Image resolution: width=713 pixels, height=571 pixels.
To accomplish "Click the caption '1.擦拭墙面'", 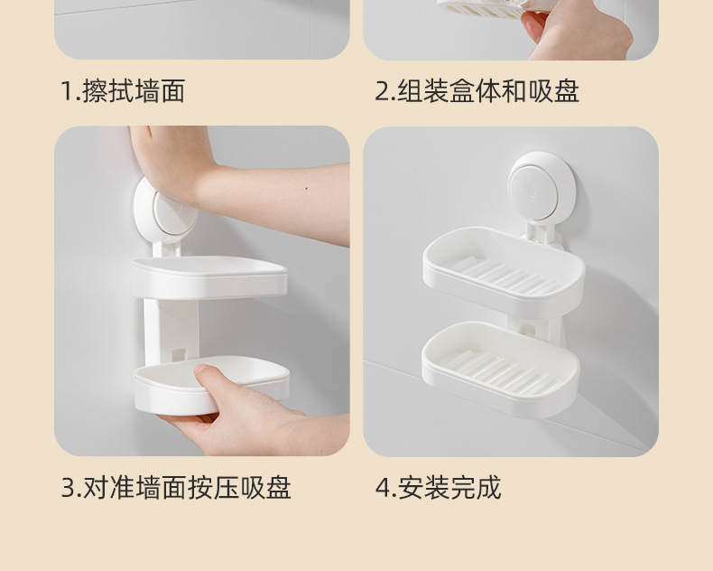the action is click(x=123, y=91).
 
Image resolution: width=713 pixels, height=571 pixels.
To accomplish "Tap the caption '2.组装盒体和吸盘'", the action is click(x=477, y=91).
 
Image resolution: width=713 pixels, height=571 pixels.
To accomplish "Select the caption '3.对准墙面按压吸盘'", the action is click(x=176, y=488).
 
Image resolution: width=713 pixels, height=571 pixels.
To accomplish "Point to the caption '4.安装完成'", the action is click(x=439, y=488).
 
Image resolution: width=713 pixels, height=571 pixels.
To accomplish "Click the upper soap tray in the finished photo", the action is click(x=504, y=272).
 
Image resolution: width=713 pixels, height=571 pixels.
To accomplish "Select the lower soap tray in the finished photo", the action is click(x=501, y=369).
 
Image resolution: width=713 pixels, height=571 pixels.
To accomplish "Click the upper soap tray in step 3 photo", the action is click(x=209, y=276).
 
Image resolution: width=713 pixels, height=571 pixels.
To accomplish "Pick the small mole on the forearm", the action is click(x=306, y=188).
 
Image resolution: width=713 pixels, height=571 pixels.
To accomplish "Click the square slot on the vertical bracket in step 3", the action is click(x=180, y=355).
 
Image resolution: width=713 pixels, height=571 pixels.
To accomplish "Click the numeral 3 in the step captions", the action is click(x=68, y=488).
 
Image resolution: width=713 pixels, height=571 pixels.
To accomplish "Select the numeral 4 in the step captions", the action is click(x=383, y=488).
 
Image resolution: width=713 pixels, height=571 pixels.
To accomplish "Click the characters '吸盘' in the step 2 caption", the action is click(x=554, y=91).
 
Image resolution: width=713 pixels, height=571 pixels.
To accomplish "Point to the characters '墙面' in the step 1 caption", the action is click(x=160, y=91).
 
